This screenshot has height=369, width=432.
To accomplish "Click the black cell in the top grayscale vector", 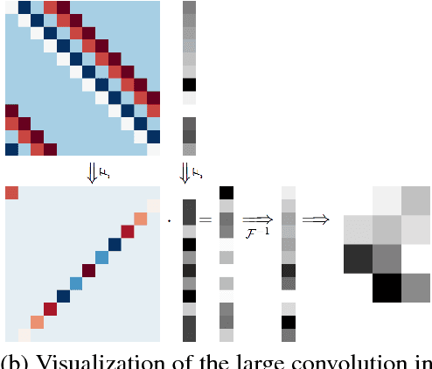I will (190, 85).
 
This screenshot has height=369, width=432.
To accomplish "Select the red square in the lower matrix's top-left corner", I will (11, 193).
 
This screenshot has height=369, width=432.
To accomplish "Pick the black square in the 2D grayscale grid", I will (387, 288).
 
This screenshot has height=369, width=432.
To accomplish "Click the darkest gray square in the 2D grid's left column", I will (358, 259).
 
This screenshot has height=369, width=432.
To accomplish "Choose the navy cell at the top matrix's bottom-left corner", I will (10, 150).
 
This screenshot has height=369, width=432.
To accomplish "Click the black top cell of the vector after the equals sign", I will (226, 192).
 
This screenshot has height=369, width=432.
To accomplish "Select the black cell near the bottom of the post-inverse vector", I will (289, 322).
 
